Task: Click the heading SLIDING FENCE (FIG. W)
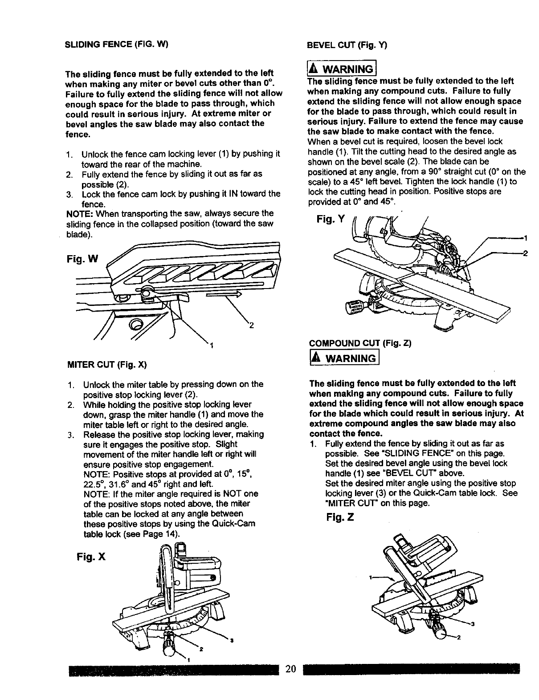pyautogui.click(x=116, y=45)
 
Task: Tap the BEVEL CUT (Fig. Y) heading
pyautogui.click(x=347, y=45)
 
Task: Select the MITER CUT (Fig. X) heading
pyautogui.click(x=106, y=365)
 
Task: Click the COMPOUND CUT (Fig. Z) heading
pyautogui.click(x=360, y=343)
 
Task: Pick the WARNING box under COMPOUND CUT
pyautogui.click(x=343, y=358)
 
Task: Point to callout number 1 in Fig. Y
pyautogui.click(x=526, y=237)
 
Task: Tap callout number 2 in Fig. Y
pyautogui.click(x=526, y=253)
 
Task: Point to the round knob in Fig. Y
pyautogui.click(x=354, y=307)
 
